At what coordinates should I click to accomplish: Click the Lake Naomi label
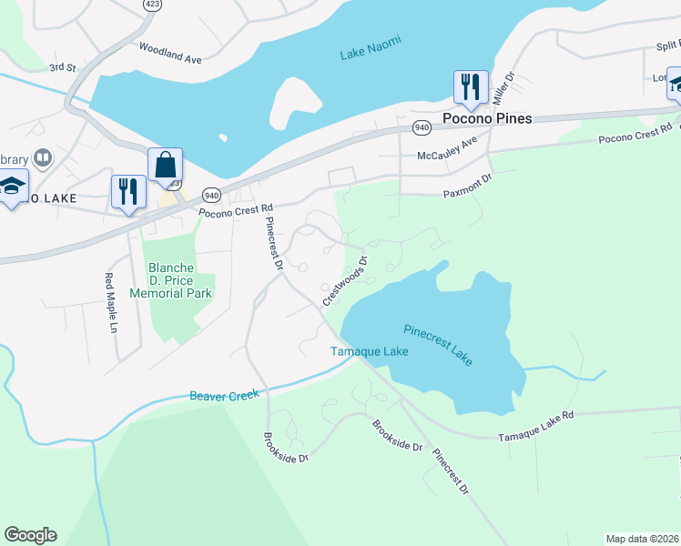click(371, 48)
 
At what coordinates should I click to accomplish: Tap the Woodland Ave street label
click(169, 53)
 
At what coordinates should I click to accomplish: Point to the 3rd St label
click(62, 67)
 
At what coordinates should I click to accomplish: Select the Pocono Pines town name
click(486, 118)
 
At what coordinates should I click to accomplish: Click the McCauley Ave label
click(447, 147)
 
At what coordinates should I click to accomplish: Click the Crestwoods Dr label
click(344, 280)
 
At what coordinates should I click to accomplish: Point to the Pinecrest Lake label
click(438, 344)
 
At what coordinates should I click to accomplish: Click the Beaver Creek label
click(224, 395)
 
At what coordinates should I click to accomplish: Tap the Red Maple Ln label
click(111, 302)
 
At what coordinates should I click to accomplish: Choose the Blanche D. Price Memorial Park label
click(170, 280)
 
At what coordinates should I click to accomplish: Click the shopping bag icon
click(165, 166)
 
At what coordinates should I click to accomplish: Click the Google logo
click(30, 535)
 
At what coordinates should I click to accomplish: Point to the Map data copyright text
click(643, 538)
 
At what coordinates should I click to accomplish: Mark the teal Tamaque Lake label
click(369, 351)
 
